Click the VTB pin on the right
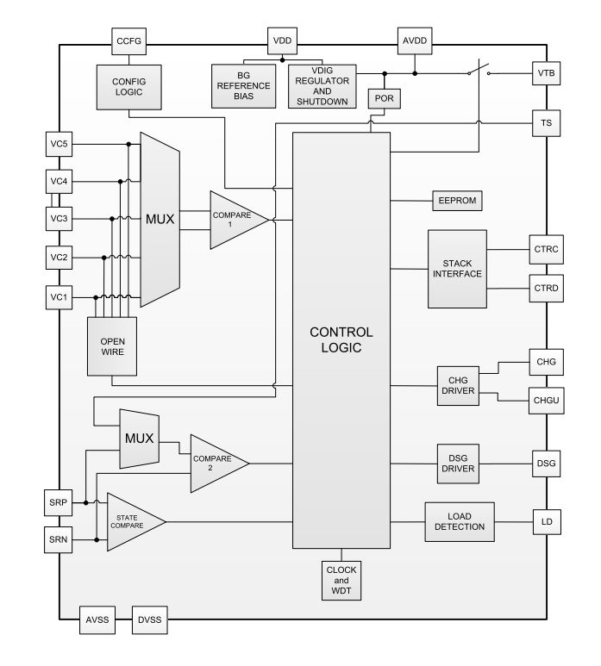tap(546, 75)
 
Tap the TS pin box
tap(546, 124)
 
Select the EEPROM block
tap(457, 202)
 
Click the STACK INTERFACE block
tap(457, 269)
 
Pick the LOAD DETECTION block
tap(459, 521)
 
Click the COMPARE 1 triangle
tap(235, 221)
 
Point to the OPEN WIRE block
tap(112, 345)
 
